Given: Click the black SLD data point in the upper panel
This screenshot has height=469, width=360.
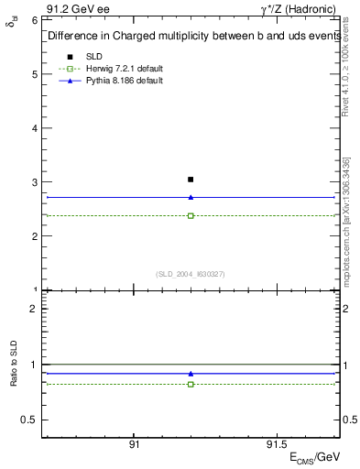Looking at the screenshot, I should coord(191,180).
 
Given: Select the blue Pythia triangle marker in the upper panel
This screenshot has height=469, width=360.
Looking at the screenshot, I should coord(191,197).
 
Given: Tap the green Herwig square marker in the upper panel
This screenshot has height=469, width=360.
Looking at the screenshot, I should coord(191,216).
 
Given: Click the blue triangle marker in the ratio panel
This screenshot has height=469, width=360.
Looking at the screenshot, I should coord(191,374).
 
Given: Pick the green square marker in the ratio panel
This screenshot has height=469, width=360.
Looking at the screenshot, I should coord(191,384).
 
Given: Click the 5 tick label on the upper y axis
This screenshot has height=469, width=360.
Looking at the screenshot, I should coord(33,73).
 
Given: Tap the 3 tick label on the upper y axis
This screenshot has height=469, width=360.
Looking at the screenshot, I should coord(33,182).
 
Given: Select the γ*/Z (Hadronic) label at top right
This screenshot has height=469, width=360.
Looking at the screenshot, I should coord(300,7).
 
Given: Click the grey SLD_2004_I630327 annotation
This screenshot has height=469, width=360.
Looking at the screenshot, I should coord(190,274).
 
